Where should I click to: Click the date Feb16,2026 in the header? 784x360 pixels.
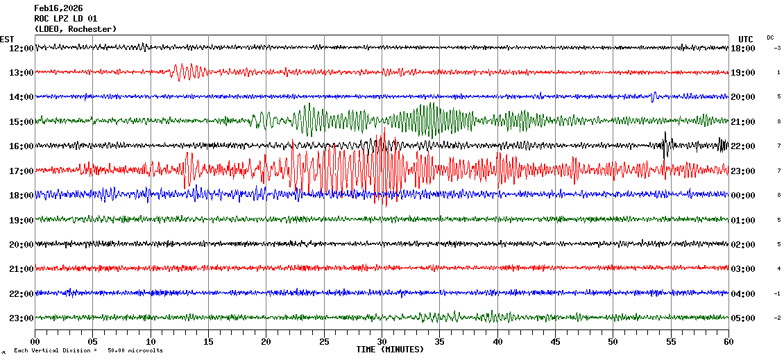[58, 8]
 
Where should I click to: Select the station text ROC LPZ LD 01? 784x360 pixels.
[66, 19]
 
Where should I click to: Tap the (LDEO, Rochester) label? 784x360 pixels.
[76, 29]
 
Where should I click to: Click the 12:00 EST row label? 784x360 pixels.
[22, 49]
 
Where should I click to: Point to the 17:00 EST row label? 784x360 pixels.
[22, 171]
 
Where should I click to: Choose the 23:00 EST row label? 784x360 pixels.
[22, 318]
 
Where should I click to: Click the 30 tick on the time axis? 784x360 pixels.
[382, 342]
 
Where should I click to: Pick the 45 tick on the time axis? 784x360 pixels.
[555, 342]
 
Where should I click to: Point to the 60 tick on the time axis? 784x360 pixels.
[728, 342]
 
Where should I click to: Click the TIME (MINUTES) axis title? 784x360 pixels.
[390, 350]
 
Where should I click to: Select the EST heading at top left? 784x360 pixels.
[8, 39]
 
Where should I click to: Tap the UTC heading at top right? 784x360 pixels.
[746, 39]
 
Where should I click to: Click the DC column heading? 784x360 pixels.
[770, 37]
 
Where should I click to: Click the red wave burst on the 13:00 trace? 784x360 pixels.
[187, 71]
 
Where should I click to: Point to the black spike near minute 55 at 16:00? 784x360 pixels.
[666, 144]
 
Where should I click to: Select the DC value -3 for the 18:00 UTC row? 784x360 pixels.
[778, 48]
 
